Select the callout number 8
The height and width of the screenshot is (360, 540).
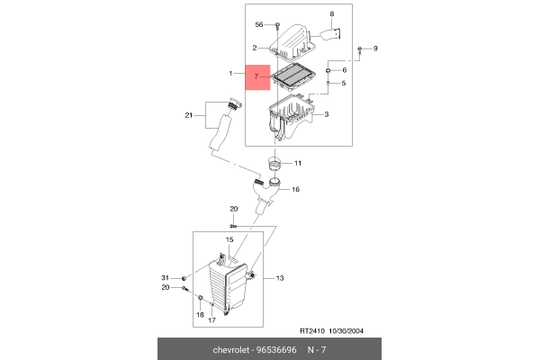(331, 14)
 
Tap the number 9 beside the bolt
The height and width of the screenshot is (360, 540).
(376, 48)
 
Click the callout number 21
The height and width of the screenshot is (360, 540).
(189, 115)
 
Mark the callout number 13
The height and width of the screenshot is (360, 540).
(280, 278)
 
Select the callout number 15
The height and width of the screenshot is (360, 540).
(229, 240)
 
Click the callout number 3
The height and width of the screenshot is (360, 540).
(326, 115)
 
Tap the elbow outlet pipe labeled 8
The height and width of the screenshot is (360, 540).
(330, 37)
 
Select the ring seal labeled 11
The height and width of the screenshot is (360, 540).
(274, 166)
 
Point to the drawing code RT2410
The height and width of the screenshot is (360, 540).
(314, 329)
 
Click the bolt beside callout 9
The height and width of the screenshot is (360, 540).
(360, 48)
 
